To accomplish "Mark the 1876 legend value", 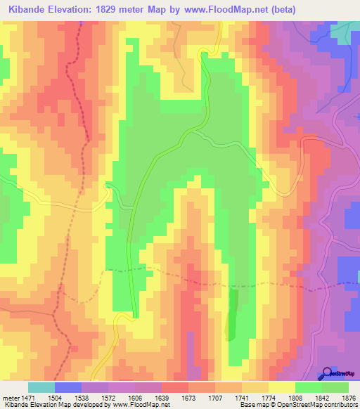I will coord(335,398).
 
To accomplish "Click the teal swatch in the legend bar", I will coord(41,387).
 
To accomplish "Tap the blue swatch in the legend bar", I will coord(67,387).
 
